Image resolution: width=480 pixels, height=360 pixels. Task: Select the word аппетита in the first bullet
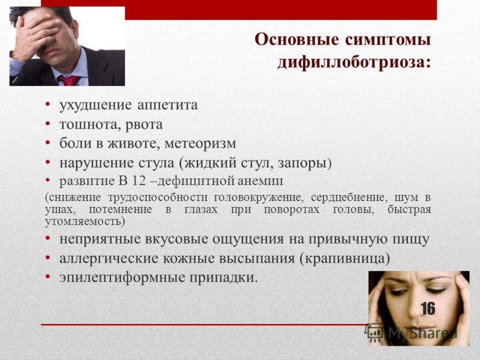pyautogui.click(x=167, y=106)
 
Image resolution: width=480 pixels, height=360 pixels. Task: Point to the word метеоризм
pyautogui.click(x=200, y=143)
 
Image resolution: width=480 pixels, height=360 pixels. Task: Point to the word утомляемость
pyautogui.click(x=83, y=221)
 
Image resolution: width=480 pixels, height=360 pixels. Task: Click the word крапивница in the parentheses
pyautogui.click(x=344, y=259)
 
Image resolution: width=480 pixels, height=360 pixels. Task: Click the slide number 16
pyautogui.click(x=428, y=308)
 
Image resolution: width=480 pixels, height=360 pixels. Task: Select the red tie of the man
pyautogui.click(x=69, y=80)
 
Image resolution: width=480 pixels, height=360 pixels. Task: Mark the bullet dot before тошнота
pyautogui.click(x=47, y=124)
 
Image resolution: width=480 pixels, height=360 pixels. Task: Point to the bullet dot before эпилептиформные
pyautogui.click(x=47, y=277)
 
